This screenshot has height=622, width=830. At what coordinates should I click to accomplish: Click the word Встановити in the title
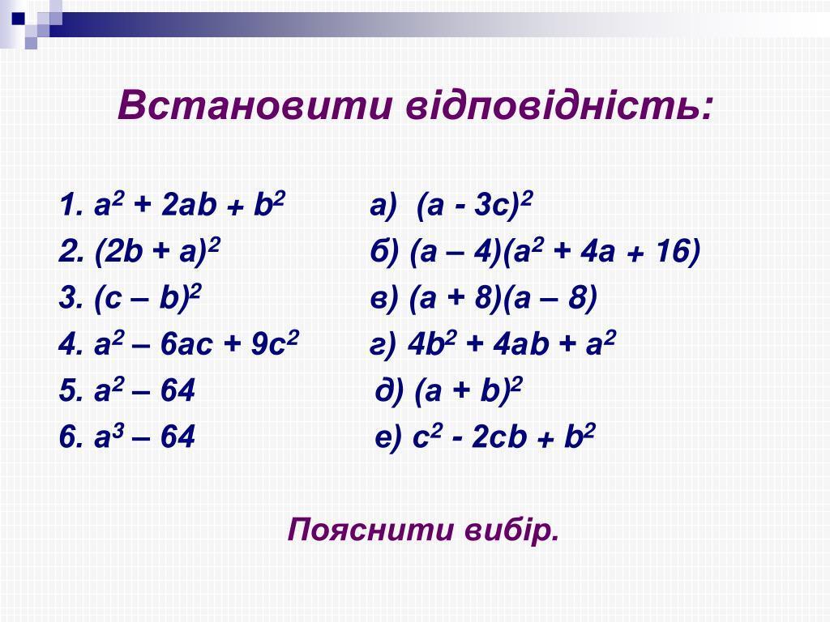click(255, 105)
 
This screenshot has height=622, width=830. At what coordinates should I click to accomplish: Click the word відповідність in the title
click(559, 105)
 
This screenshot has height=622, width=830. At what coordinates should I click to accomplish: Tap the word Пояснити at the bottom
click(370, 530)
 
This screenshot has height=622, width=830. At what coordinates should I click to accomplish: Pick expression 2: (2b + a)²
click(157, 251)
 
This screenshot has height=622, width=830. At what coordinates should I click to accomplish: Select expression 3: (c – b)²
click(148, 297)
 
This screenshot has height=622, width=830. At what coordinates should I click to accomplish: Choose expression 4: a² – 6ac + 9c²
click(196, 343)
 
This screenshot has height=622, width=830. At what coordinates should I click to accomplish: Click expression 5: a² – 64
click(144, 390)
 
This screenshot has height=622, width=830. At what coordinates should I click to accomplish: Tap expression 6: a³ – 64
click(144, 437)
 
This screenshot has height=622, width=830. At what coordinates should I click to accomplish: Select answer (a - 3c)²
click(474, 204)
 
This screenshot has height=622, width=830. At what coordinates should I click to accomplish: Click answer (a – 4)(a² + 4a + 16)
click(554, 251)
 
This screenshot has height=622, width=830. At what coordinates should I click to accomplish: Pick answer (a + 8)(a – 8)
click(503, 297)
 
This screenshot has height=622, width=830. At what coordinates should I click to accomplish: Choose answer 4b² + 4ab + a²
click(511, 343)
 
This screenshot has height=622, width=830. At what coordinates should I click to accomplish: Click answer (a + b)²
click(468, 390)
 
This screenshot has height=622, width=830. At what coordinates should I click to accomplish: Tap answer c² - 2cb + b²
click(504, 437)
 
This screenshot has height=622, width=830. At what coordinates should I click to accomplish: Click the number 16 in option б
click(672, 250)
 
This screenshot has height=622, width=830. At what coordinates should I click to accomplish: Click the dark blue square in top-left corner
click(19, 18)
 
